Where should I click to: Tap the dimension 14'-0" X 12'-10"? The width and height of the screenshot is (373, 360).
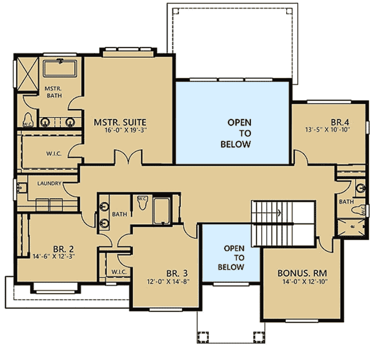301,282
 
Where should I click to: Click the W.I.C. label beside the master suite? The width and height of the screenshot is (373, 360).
54,153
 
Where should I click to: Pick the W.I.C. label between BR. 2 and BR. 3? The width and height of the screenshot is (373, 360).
118,272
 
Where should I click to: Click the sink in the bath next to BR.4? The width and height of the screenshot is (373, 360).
361,188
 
